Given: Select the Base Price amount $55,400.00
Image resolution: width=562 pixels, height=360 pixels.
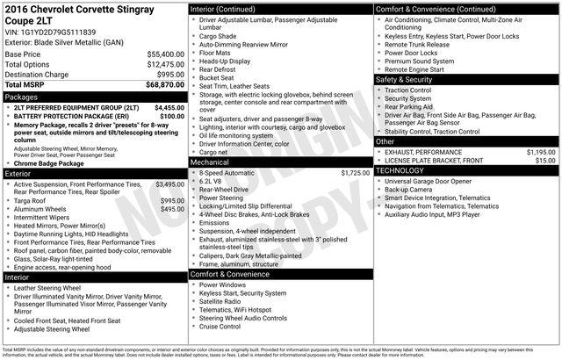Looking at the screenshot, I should tap(165, 54).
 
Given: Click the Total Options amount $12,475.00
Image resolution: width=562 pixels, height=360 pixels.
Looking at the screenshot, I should tap(165, 64).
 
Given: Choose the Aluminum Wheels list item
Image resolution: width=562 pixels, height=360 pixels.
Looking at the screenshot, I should tap(44, 209).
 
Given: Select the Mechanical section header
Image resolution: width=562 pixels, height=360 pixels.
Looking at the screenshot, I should tap(209, 162).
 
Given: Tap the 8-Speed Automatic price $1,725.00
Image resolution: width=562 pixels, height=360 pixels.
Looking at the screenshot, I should tap(355, 173).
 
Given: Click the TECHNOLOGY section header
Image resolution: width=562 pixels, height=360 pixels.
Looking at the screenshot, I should tap(400, 170).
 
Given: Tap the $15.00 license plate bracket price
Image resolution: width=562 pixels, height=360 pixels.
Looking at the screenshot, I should tap(545, 160).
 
